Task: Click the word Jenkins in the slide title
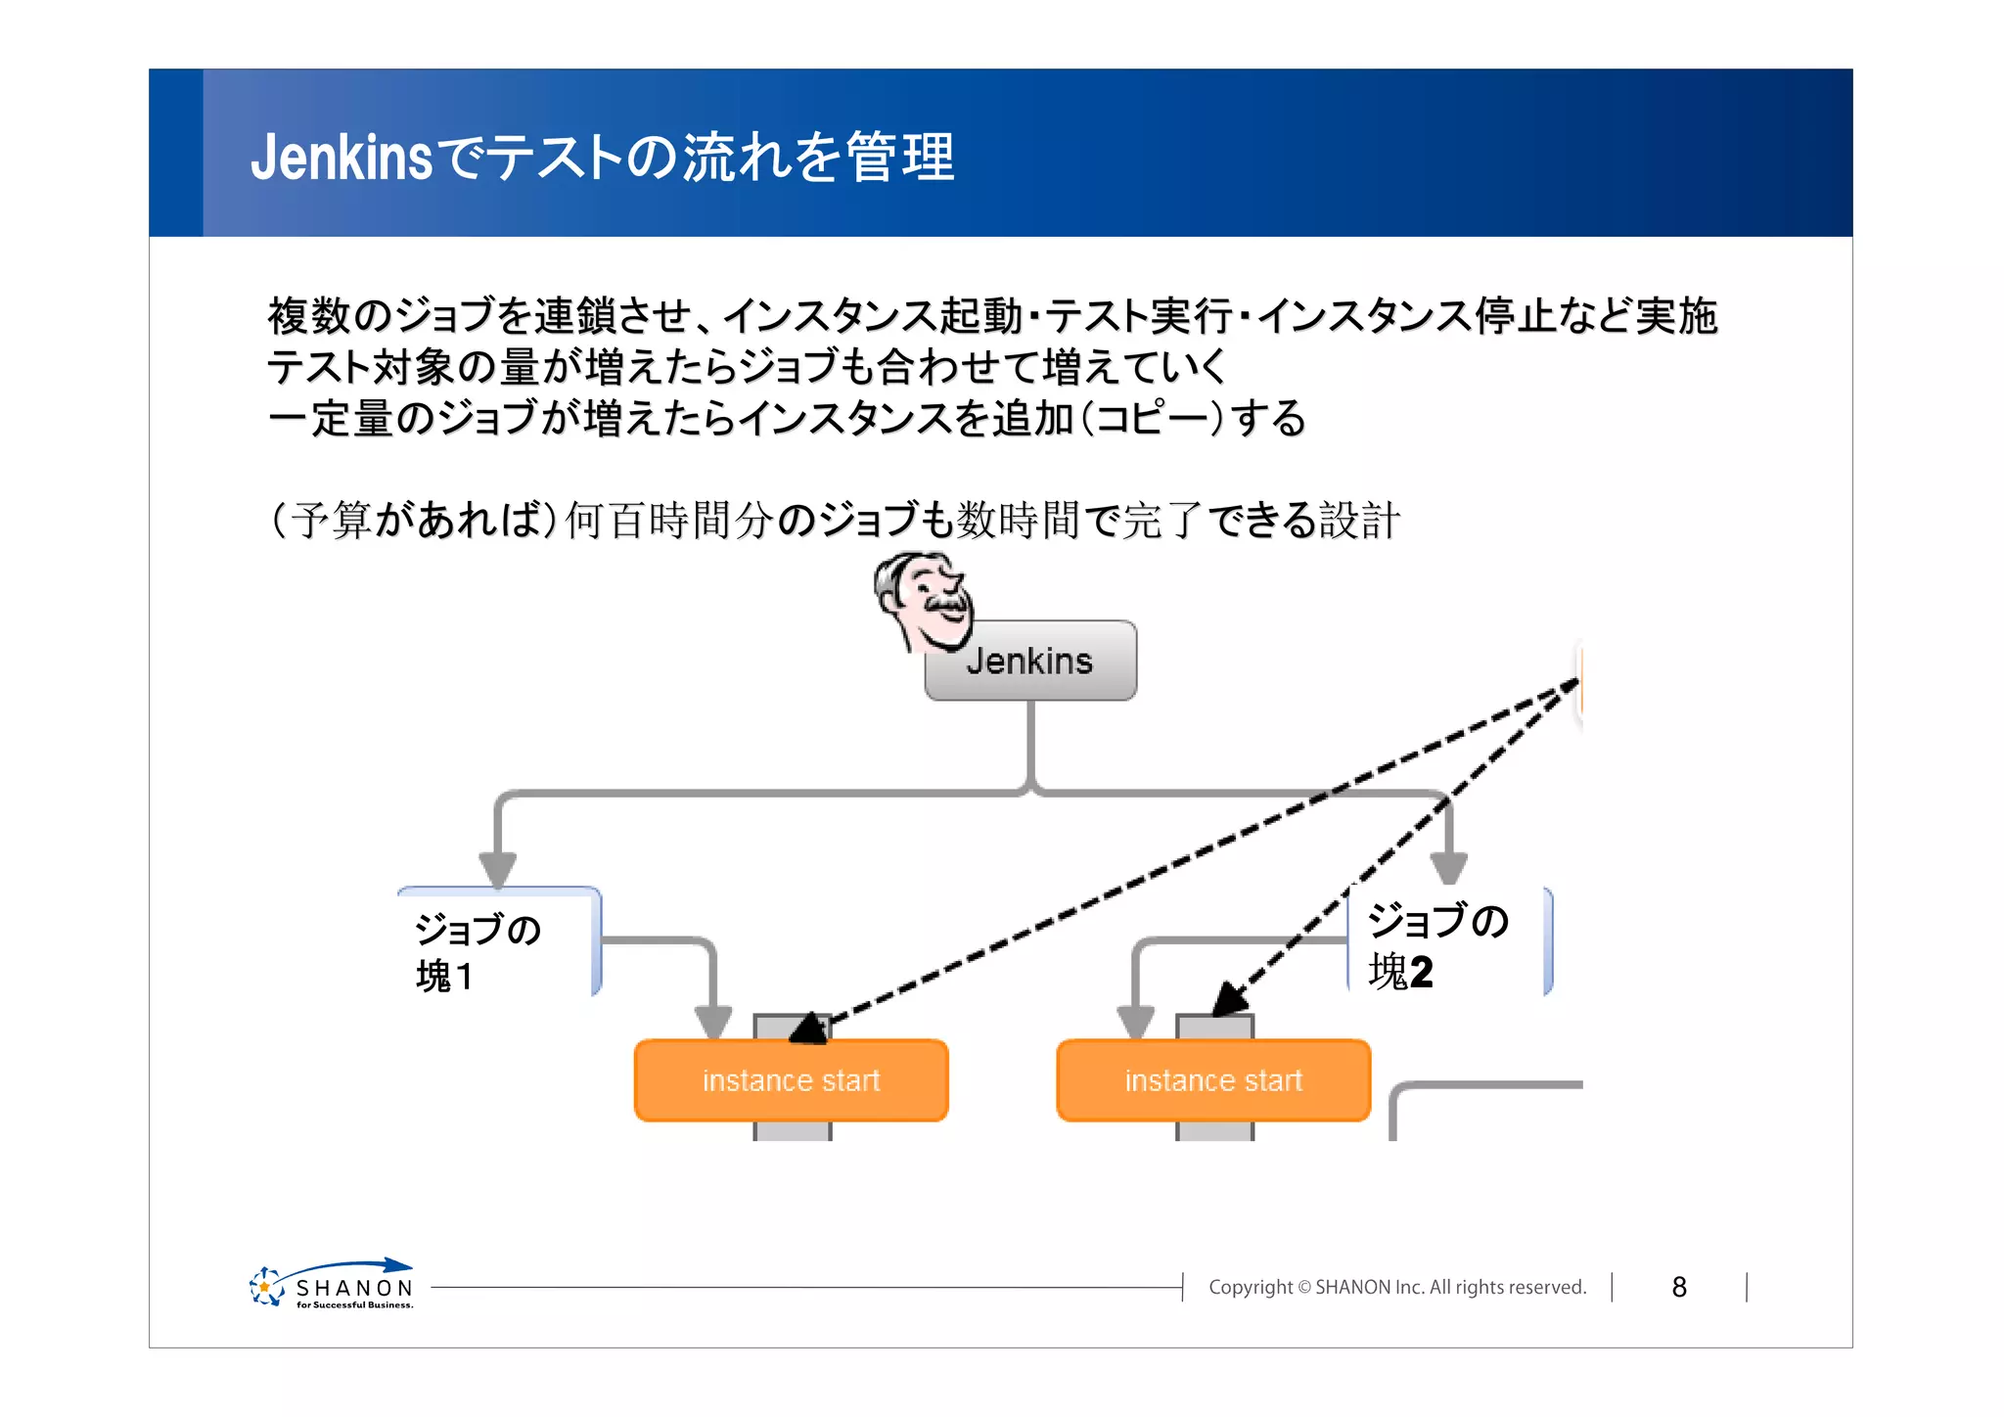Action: [341, 158]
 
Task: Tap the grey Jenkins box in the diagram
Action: [1030, 662]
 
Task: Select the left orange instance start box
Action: [791, 1080]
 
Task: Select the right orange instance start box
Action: [1213, 1080]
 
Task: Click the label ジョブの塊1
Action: [478, 951]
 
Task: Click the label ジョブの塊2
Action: [1436, 945]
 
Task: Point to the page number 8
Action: [1679, 1287]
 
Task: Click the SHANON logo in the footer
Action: [333, 1286]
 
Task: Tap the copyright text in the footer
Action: [1397, 1287]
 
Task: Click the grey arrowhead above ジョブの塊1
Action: [497, 869]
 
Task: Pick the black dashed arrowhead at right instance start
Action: [1228, 1001]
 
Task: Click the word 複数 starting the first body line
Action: [309, 316]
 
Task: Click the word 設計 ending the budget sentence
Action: [1359, 520]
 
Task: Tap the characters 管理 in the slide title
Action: [900, 158]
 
